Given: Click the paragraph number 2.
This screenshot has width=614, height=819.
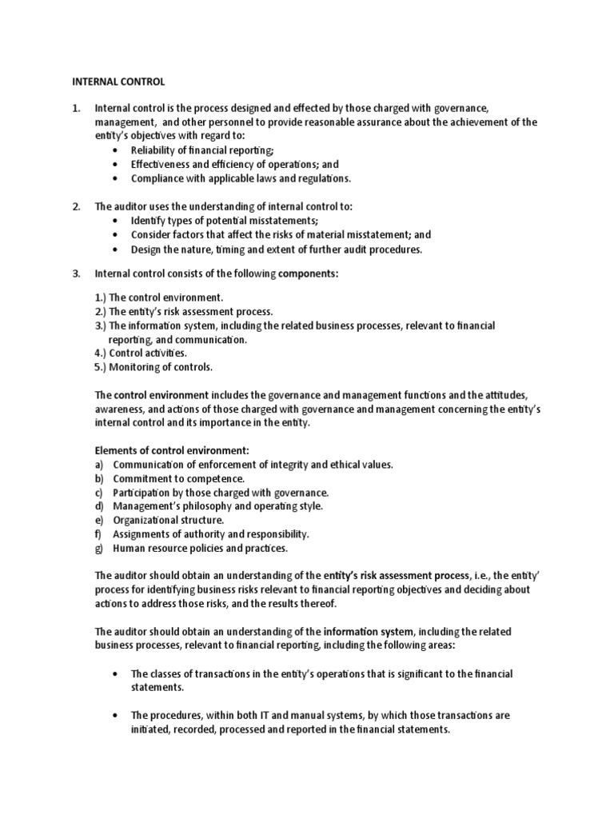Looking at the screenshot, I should pyautogui.click(x=77, y=206).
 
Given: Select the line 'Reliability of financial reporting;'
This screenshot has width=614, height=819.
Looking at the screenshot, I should pyautogui.click(x=202, y=150).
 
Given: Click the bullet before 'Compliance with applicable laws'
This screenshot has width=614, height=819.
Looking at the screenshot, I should pyautogui.click(x=118, y=178).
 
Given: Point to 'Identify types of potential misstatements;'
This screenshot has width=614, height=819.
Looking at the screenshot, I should pyautogui.click(x=225, y=220).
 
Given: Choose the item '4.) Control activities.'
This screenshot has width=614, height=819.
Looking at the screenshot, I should pyautogui.click(x=142, y=353).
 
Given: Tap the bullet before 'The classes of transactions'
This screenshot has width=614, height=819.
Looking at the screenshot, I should pyautogui.click(x=118, y=673).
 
